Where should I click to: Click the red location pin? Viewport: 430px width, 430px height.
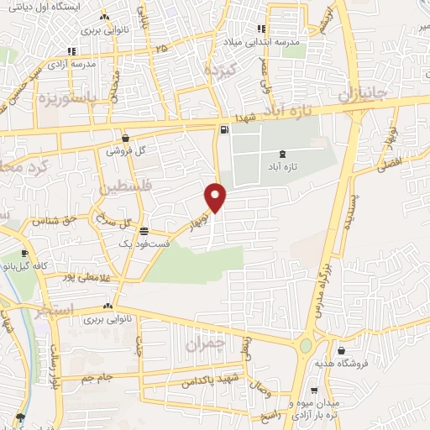click(x=217, y=197)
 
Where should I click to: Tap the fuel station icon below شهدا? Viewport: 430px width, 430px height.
click(x=223, y=129)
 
